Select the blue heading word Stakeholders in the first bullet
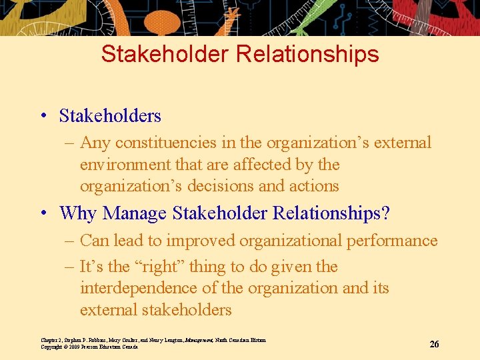[110, 116]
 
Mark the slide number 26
[434, 344]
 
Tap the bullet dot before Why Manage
[43, 214]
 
